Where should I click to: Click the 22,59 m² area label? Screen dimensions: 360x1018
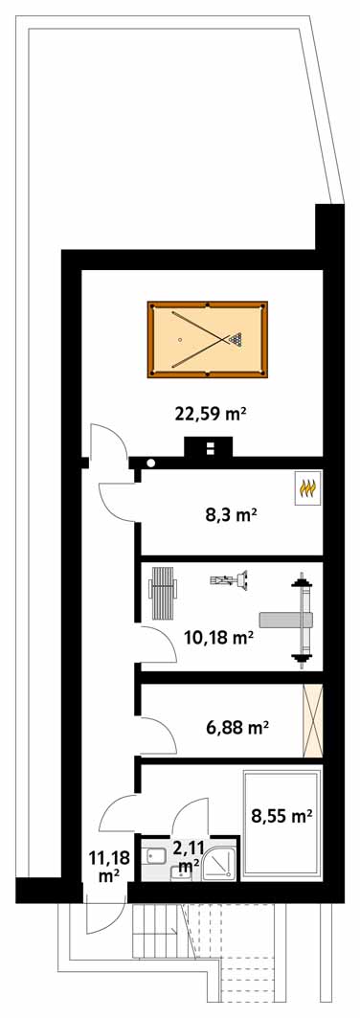click(x=213, y=413)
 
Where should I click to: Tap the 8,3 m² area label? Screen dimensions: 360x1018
click(x=228, y=516)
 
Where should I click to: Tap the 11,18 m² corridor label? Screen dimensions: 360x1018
click(x=109, y=868)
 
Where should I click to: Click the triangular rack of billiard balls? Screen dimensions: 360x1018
click(x=236, y=338)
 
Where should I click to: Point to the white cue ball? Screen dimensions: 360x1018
click(x=180, y=339)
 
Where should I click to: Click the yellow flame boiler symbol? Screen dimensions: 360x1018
click(x=307, y=486)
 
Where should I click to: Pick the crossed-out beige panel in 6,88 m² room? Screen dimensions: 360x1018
click(x=313, y=721)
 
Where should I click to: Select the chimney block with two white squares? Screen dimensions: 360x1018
click(x=208, y=448)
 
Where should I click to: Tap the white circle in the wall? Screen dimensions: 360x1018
click(x=151, y=464)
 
